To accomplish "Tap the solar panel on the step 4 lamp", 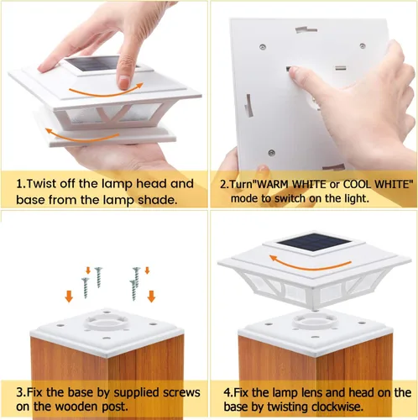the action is [314, 242].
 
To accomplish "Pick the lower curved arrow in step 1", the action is [81, 136].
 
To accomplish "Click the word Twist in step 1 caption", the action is [43, 184].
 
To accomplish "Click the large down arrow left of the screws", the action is [69, 297].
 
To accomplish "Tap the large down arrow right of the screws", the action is [151, 297].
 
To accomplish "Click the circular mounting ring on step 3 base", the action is [107, 322].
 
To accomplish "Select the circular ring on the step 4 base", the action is [315, 321].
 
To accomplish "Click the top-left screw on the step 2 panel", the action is [263, 47].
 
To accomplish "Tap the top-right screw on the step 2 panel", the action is [363, 45].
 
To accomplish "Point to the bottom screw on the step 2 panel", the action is [271, 153].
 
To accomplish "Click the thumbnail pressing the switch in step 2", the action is [293, 72].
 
